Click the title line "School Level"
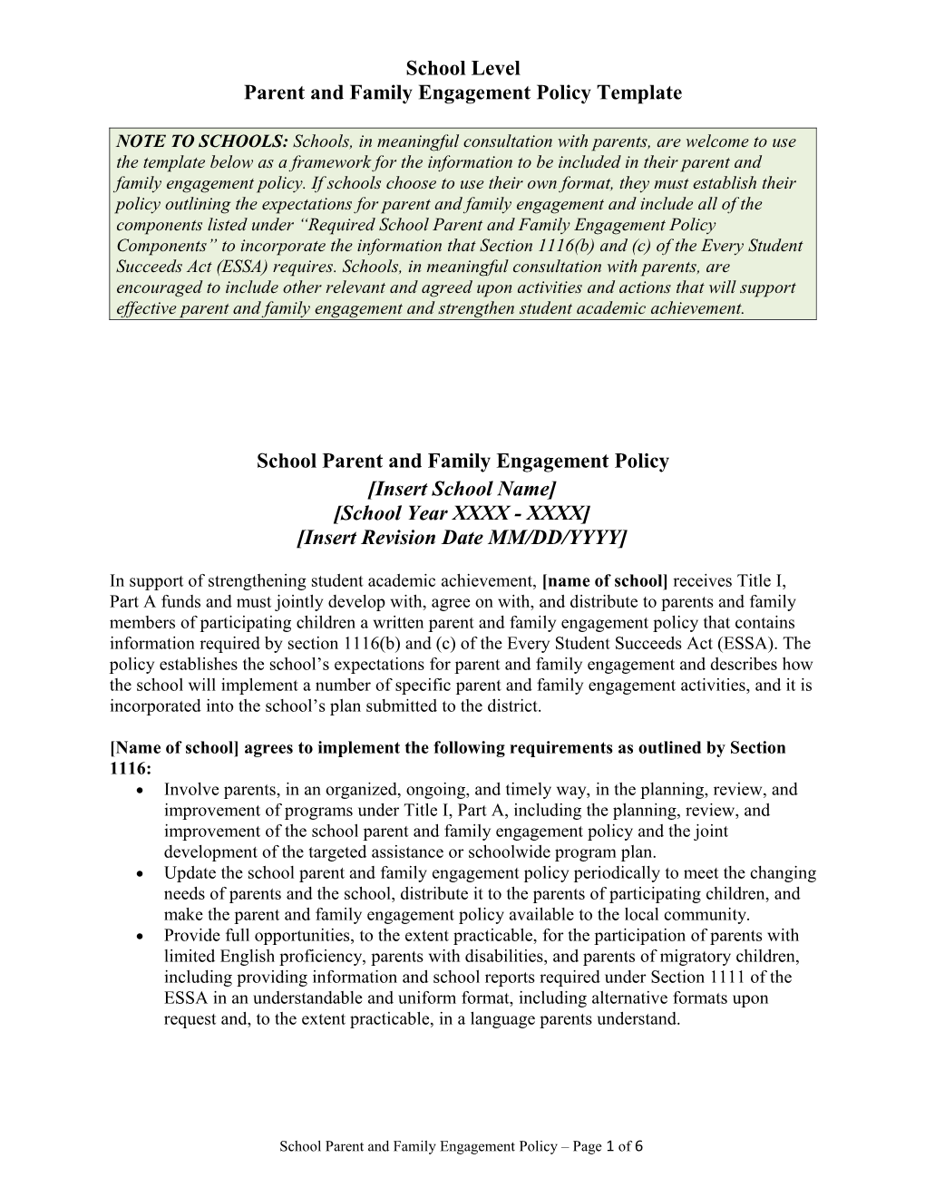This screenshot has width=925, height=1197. [462, 68]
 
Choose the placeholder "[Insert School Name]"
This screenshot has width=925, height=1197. [462, 489]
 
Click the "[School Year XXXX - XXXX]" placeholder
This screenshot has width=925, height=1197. [462, 513]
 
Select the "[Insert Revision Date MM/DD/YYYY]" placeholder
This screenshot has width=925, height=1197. [462, 538]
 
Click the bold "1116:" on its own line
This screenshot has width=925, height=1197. [131, 768]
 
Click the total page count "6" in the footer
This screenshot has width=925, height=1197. [639, 1146]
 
